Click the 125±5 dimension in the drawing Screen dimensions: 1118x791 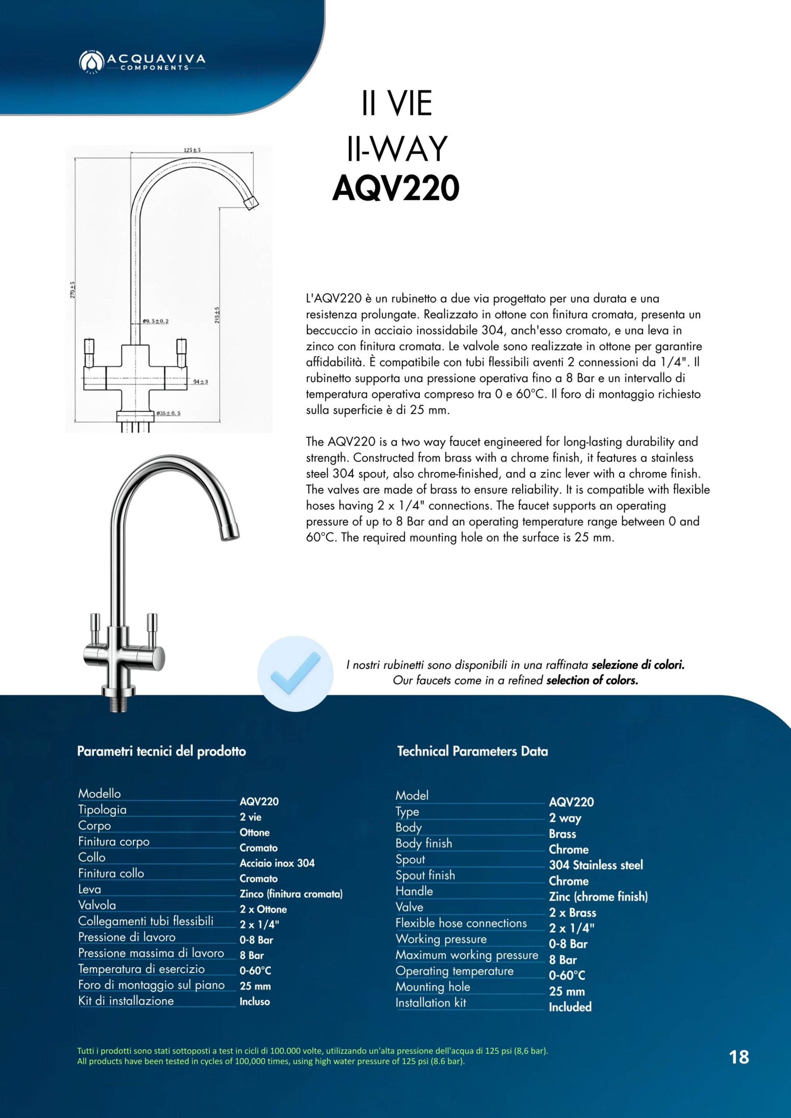click(x=192, y=150)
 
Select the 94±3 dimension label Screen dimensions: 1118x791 click(x=200, y=382)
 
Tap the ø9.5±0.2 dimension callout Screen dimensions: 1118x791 click(x=155, y=321)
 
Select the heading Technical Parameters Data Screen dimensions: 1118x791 click(x=472, y=751)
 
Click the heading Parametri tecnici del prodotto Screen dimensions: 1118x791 click(x=161, y=751)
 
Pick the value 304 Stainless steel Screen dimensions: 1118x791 click(x=595, y=865)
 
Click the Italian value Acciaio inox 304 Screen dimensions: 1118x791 click(x=277, y=863)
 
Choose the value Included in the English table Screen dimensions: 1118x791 click(x=570, y=1007)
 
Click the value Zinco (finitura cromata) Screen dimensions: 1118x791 click(x=291, y=894)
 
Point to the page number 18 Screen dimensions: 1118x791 click(x=739, y=1057)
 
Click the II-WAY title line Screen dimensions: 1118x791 click(x=397, y=149)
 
